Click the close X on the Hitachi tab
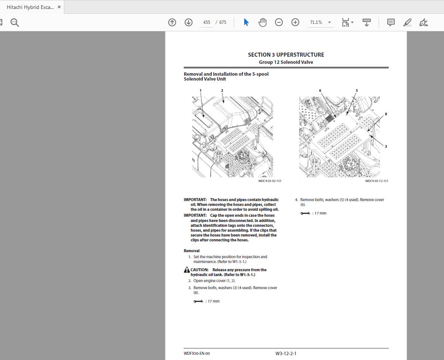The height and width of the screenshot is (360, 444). (59, 7)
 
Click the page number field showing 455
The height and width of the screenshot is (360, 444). (207, 22)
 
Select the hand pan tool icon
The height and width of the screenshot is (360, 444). (263, 22)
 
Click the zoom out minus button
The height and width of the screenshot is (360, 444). (279, 22)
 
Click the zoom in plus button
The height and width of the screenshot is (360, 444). (295, 22)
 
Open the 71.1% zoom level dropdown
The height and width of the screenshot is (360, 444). (320, 22)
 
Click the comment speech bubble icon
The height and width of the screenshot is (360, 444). (391, 22)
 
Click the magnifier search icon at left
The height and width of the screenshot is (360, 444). (15, 22)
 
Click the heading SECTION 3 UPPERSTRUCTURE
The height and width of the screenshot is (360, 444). (286, 54)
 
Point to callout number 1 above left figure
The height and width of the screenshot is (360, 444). (201, 91)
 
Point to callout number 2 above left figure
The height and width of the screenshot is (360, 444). (222, 91)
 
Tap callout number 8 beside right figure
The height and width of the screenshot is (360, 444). (386, 114)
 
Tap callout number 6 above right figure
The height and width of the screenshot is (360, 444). (320, 91)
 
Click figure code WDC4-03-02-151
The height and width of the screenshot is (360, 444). (270, 181)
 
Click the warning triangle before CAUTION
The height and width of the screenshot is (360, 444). (187, 270)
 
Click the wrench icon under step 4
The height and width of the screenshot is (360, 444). (305, 213)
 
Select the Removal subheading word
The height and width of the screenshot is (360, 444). (192, 251)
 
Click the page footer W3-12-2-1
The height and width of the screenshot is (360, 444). (286, 353)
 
